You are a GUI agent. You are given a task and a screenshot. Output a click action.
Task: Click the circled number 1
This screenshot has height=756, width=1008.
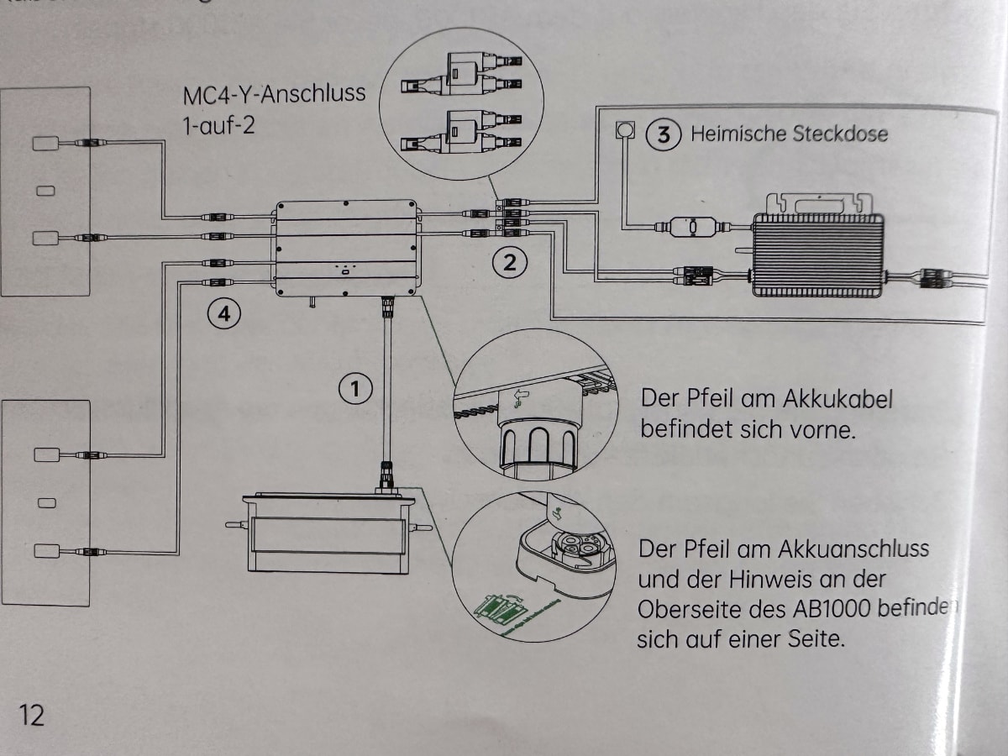pyautogui.click(x=355, y=388)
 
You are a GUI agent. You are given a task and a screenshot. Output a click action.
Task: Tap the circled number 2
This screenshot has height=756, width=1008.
pyautogui.click(x=509, y=263)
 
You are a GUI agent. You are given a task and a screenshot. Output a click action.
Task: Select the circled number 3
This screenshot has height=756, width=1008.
pyautogui.click(x=663, y=134)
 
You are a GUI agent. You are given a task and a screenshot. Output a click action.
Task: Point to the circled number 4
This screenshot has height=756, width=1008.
pyautogui.click(x=224, y=315)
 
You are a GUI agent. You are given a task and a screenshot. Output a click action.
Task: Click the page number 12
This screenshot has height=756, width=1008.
pyautogui.click(x=32, y=715)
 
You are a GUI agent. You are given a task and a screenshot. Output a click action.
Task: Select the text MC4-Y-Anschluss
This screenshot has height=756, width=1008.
pyautogui.click(x=275, y=92)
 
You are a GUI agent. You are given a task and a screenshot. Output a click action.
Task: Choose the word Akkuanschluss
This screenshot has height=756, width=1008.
pyautogui.click(x=852, y=549)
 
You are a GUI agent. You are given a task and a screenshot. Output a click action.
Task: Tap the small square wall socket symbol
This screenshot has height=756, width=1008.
pyautogui.click(x=623, y=131)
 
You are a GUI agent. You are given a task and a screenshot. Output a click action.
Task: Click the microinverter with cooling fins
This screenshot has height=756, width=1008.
pyautogui.click(x=818, y=255)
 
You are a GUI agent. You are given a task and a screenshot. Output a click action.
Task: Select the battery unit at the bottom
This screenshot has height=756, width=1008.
pyautogui.click(x=329, y=533)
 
